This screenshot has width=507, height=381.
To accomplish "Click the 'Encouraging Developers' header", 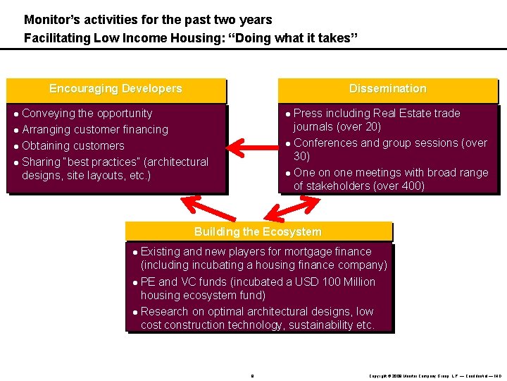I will point(115,89).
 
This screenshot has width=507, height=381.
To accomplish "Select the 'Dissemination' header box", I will point(388,89).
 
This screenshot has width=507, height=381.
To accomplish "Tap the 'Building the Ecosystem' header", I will point(258,232).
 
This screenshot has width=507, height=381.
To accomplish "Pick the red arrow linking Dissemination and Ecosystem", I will point(292,207).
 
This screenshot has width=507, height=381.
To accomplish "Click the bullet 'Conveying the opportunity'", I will point(87,114).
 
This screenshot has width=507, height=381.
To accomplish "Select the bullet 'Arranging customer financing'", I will point(95,130).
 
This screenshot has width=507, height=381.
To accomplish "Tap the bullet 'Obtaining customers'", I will point(73,146).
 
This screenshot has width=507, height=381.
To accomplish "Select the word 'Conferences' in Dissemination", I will point(323,143).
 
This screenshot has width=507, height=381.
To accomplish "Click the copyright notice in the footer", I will point(435,375).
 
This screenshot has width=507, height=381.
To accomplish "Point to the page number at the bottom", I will point(251,375).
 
